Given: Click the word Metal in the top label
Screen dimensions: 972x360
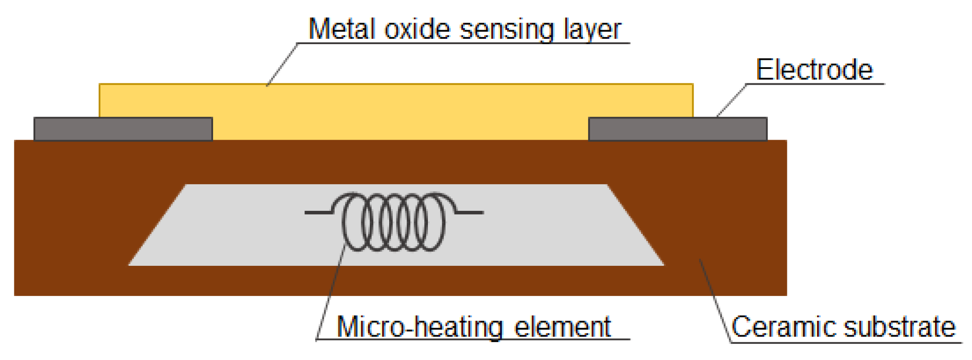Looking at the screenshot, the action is [341, 29].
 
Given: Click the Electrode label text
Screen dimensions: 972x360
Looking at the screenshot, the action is [814, 70].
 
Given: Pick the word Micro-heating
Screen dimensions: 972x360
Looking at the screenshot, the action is [420, 327].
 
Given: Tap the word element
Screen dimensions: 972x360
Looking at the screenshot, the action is [562, 327].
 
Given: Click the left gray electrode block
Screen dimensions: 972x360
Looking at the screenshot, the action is [123, 129].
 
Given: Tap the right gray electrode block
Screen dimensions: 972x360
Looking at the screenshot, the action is [678, 129].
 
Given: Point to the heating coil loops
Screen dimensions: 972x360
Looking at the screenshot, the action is [394, 222].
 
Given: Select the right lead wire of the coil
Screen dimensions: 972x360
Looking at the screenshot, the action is [469, 212].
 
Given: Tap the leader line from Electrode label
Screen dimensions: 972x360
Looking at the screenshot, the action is [731, 100].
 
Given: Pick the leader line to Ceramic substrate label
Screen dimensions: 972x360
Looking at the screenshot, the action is [715, 301].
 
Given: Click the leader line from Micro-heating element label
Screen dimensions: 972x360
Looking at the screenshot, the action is [331, 292].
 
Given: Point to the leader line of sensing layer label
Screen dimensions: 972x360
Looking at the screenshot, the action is [282, 64].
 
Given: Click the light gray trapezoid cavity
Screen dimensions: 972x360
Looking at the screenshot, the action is [396, 225].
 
